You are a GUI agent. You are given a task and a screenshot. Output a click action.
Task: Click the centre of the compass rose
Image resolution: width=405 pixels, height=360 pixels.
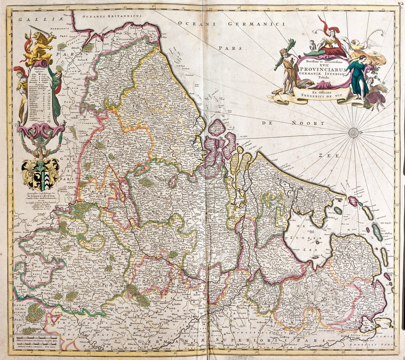[354, 132]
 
